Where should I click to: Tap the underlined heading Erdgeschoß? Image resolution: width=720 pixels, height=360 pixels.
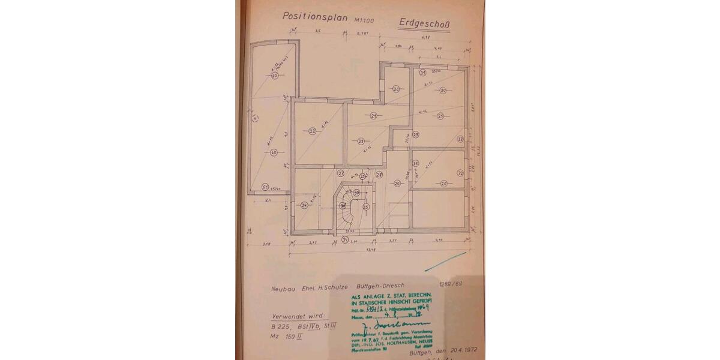(425, 23)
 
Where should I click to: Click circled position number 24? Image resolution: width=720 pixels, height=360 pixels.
(304, 205)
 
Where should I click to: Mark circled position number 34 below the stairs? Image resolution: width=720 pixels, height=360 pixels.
(345, 239)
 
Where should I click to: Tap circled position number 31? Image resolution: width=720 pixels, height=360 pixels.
(422, 73)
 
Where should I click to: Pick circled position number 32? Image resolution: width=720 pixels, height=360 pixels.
(460, 173)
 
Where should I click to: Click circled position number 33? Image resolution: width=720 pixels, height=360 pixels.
(460, 139)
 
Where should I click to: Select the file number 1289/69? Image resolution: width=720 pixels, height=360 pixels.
(449, 284)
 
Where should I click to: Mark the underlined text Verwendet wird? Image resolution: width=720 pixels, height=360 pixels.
(299, 316)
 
